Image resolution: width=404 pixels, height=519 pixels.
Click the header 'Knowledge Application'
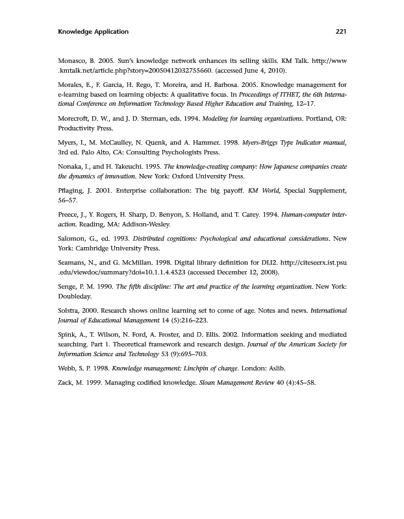pyautogui.click(x=94, y=32)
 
